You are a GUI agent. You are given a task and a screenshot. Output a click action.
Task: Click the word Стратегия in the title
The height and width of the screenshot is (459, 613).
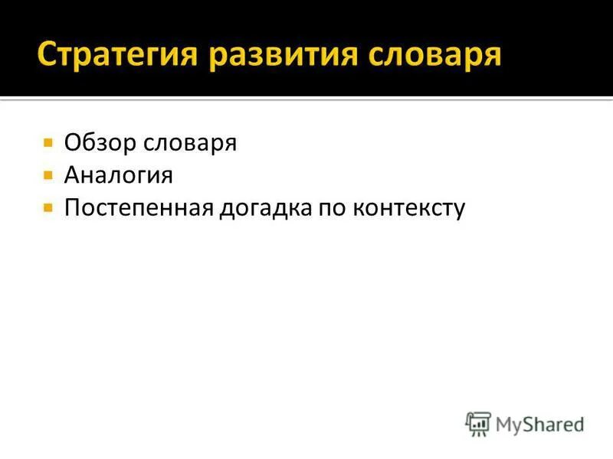[123, 55]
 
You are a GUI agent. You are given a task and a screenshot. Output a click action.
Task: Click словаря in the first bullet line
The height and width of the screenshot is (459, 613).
[192, 143]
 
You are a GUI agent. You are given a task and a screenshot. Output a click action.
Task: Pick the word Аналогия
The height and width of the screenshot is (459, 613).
[119, 176]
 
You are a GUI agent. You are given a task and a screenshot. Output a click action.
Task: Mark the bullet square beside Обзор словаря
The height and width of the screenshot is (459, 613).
[48, 143]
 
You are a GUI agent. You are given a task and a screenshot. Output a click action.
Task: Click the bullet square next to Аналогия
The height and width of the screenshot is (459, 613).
[48, 175]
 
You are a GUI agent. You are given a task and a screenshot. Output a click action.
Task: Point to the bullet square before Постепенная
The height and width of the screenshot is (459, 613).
[48, 207]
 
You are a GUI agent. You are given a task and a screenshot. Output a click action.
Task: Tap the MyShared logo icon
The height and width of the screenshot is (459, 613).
[478, 424]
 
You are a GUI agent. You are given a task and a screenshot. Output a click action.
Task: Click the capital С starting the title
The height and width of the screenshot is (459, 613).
[48, 55]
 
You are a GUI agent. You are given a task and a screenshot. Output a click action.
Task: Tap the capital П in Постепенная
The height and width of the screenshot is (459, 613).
[72, 208]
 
